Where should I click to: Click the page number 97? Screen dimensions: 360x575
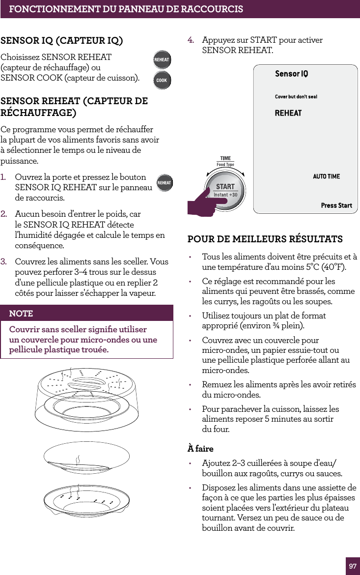pyautogui.click(x=353, y=566)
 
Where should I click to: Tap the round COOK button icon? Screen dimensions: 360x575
pyautogui.click(x=162, y=80)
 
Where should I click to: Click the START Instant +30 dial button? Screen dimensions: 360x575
pyautogui.click(x=226, y=190)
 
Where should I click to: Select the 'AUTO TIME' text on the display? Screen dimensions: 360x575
pyautogui.click(x=326, y=176)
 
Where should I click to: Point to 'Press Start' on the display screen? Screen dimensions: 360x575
pyautogui.click(x=336, y=205)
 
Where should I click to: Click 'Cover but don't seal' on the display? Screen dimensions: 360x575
pyautogui.click(x=296, y=97)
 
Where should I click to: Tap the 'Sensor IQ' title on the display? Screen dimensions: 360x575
pyautogui.click(x=291, y=74)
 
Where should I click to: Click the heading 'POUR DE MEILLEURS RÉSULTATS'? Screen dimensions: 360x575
pyautogui.click(x=265, y=239)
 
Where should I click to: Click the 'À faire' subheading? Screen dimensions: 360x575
pyautogui.click(x=200, y=449)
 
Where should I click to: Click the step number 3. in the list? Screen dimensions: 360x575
pyautogui.click(x=4, y=262)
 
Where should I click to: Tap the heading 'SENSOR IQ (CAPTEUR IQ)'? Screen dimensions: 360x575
pyautogui.click(x=62, y=40)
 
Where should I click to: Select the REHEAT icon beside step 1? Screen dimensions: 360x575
pyautogui.click(x=164, y=183)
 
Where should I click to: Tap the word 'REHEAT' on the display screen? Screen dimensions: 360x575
pyautogui.click(x=288, y=114)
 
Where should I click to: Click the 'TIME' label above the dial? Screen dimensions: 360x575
pyautogui.click(x=225, y=159)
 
